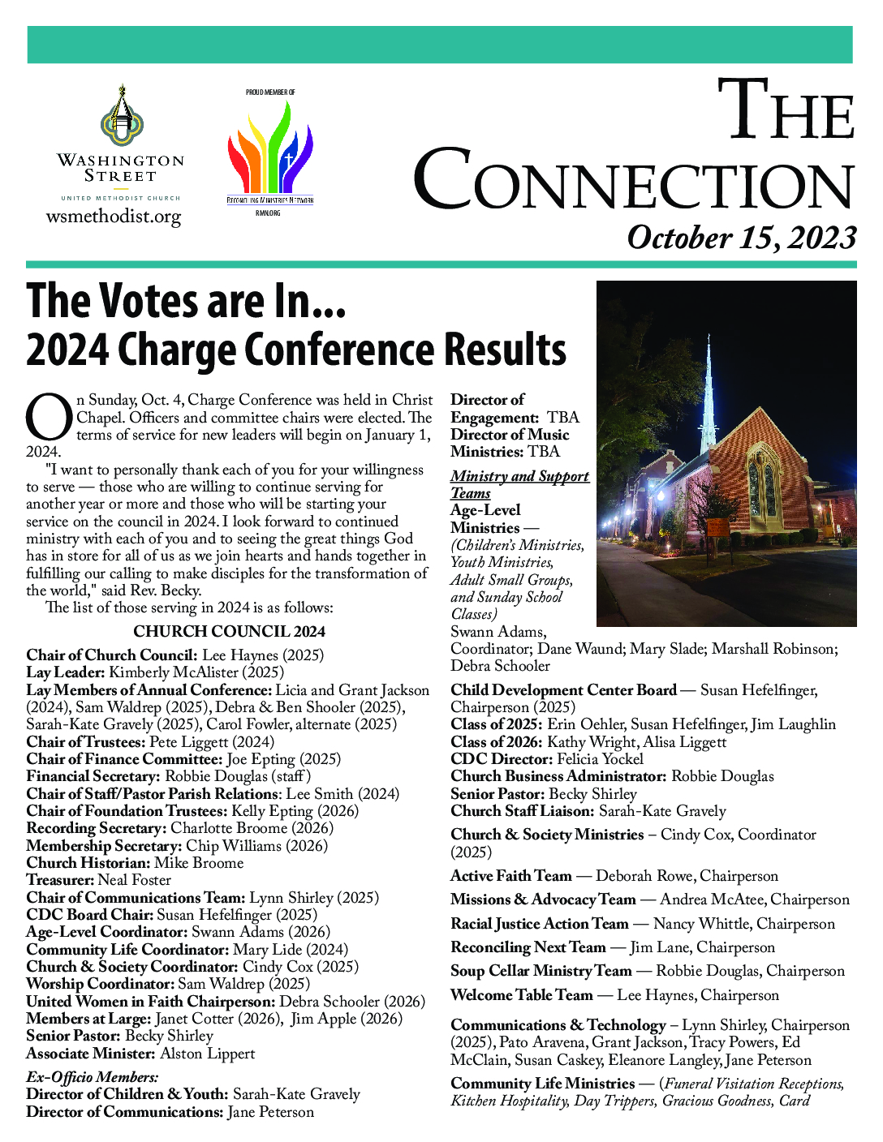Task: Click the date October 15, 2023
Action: click(x=741, y=238)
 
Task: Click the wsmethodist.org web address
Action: click(x=114, y=217)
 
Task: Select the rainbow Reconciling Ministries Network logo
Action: click(x=269, y=150)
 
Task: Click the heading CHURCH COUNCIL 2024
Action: click(x=229, y=632)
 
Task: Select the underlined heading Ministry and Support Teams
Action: click(x=519, y=484)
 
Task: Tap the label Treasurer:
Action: click(x=60, y=880)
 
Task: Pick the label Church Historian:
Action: click(x=88, y=863)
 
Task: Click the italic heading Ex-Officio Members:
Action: click(x=93, y=1077)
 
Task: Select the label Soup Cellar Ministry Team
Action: click(x=541, y=971)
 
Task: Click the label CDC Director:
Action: click(x=502, y=759)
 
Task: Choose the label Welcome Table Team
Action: click(x=522, y=995)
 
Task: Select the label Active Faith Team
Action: click(x=511, y=876)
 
